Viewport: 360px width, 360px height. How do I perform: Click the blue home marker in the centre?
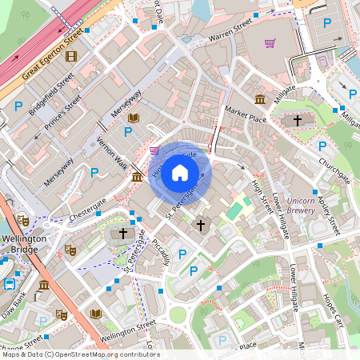pyautogui.click(x=180, y=173)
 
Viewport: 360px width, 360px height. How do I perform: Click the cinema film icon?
pyautogui.click(x=72, y=56)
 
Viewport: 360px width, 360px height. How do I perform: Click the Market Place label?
pyautogui.click(x=245, y=114)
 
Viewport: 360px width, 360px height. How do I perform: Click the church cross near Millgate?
pyautogui.click(x=298, y=120)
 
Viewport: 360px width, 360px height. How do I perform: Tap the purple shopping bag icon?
pyautogui.click(x=154, y=150)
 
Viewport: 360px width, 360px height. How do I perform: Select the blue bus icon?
pyautogui.click(x=10, y=283)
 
